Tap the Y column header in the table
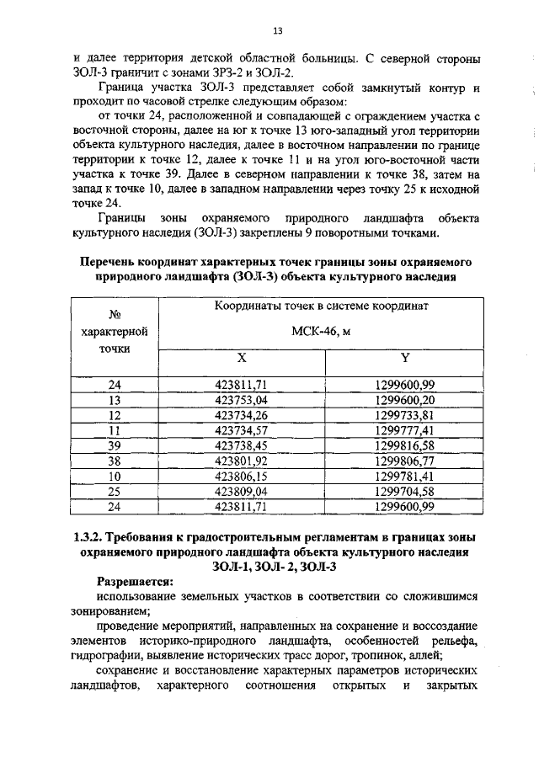point(405,358)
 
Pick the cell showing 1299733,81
point(405,415)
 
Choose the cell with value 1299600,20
point(405,400)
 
